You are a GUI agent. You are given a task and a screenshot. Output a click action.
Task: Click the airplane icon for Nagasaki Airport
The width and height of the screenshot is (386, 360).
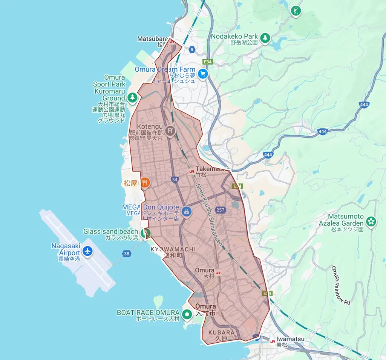pyautogui.click(x=87, y=251)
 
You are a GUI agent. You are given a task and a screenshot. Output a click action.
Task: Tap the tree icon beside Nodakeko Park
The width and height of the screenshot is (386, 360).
pyautogui.click(x=265, y=37)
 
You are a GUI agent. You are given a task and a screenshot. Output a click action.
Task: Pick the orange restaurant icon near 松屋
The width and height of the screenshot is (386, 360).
pyautogui.click(x=145, y=183)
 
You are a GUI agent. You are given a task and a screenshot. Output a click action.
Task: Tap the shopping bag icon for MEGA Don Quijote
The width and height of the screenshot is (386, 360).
pyautogui.click(x=186, y=212)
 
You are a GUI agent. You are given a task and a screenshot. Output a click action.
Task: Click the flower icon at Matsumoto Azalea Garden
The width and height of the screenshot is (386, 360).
pyautogui.click(x=371, y=222)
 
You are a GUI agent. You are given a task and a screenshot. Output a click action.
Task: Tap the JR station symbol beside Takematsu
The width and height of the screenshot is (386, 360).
pyautogui.click(x=191, y=170)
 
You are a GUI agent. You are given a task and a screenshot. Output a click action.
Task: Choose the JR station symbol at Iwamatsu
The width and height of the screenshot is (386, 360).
pyautogui.click(x=273, y=341)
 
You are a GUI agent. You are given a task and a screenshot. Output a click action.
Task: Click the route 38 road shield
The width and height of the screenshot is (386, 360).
pyautogui.click(x=127, y=254)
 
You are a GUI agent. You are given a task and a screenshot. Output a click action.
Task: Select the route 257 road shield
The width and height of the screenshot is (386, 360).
pyautogui.click(x=221, y=210)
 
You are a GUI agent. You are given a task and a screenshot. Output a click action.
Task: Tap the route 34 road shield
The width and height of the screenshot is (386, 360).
pyautogui.click(x=174, y=180)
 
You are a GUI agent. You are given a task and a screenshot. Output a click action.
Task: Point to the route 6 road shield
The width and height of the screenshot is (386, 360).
pyautogui.click(x=192, y=50)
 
